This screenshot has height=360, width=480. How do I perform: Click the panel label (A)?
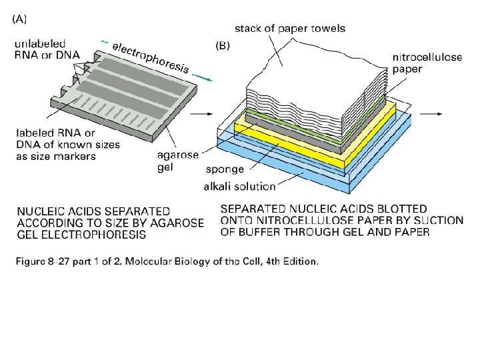point(19,19)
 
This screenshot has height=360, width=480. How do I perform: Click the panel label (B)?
point(222,47)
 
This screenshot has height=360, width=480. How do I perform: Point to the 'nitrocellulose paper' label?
point(427,63)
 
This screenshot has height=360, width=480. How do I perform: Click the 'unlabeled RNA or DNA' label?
point(45,49)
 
